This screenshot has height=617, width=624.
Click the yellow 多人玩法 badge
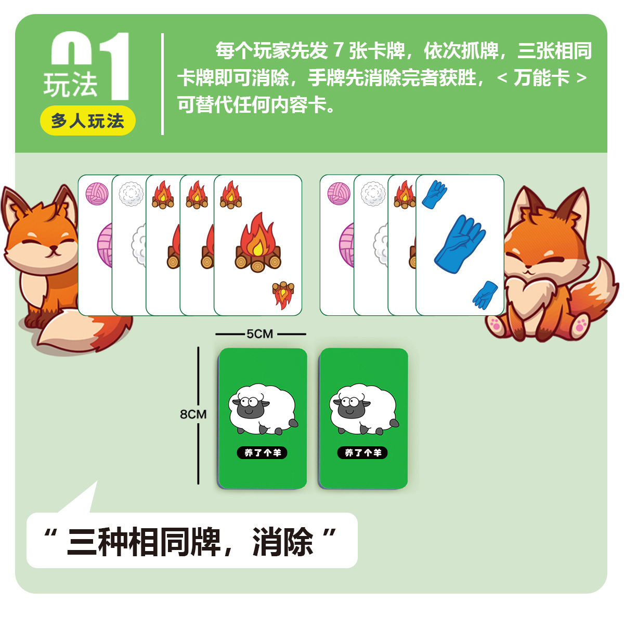[87, 121]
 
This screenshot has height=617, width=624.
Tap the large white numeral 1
[117, 66]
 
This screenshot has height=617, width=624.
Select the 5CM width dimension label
[260, 334]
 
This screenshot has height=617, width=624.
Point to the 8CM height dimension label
[193, 414]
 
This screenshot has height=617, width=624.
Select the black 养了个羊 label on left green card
[262, 453]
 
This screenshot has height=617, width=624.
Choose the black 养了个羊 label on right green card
[363, 453]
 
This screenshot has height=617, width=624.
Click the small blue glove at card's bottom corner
[486, 295]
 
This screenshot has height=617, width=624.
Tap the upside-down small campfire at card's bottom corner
[283, 294]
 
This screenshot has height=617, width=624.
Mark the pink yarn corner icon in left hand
[97, 193]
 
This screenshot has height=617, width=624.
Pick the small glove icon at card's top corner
[434, 195]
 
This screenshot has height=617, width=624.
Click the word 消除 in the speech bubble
[283, 542]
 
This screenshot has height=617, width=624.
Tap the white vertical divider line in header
[163, 84]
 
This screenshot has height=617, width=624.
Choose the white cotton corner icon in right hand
[373, 194]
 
